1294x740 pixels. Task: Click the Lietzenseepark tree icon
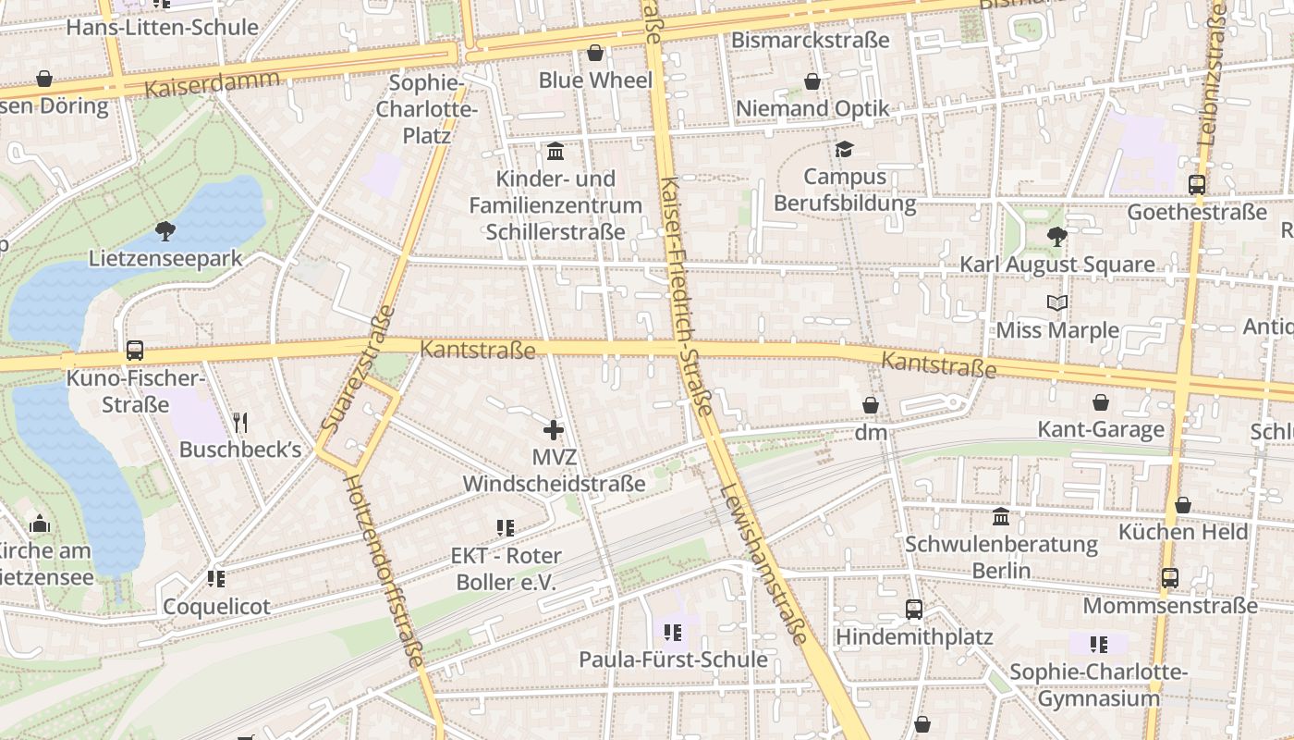tap(165, 230)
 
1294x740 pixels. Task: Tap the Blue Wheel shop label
tap(595, 80)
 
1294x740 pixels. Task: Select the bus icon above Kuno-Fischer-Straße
tap(135, 351)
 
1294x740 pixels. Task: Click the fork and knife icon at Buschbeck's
tap(240, 423)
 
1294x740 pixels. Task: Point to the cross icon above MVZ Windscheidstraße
tap(554, 429)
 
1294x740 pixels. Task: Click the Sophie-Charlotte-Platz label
tap(426, 109)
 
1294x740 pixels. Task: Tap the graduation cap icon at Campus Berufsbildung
tap(844, 149)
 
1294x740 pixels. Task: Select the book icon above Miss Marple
tap(1057, 302)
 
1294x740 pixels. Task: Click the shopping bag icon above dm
tap(871, 405)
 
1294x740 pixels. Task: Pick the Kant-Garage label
tap(1101, 429)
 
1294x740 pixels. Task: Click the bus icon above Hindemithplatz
tap(914, 609)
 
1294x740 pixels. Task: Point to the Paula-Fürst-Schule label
tap(673, 660)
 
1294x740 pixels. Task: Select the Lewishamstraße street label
tap(765, 563)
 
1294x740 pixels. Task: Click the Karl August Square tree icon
tap(1056, 237)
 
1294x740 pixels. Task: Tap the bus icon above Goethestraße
tap(1197, 184)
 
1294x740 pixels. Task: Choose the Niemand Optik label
tap(812, 108)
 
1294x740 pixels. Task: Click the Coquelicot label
tap(216, 607)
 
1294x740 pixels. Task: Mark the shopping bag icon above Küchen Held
tap(1183, 505)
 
